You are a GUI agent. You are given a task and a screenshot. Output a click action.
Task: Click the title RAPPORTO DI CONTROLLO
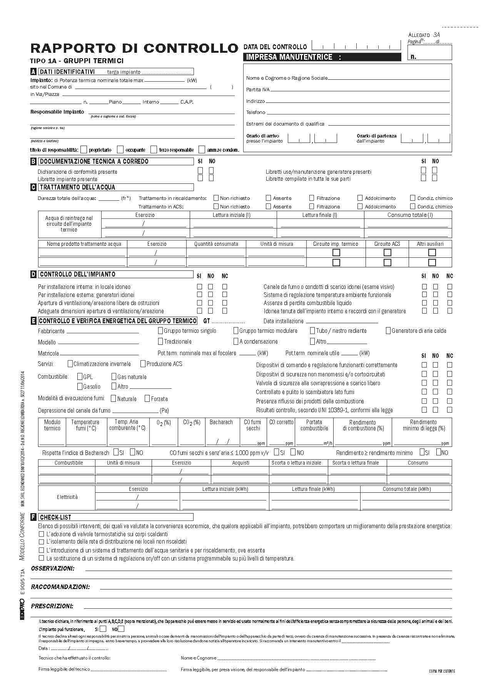click(x=134, y=48)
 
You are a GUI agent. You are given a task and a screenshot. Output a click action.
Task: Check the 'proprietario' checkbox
click(x=84, y=149)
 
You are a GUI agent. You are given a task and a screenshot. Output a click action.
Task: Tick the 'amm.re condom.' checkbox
click(x=202, y=149)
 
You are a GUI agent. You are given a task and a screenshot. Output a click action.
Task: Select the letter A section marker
click(x=33, y=72)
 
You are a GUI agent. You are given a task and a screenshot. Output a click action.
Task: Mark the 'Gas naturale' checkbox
click(x=114, y=376)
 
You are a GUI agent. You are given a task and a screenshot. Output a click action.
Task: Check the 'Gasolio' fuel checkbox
click(x=80, y=386)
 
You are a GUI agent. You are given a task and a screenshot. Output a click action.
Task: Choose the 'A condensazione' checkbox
click(x=236, y=341)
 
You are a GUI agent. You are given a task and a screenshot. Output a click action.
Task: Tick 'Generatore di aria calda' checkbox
click(x=388, y=331)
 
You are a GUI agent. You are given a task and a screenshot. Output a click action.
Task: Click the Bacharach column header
click(x=221, y=422)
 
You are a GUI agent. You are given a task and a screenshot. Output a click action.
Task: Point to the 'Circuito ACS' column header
click(x=387, y=244)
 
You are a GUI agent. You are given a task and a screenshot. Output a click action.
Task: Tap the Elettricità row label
click(x=67, y=497)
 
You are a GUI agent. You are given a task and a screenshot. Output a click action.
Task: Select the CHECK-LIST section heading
click(x=55, y=517)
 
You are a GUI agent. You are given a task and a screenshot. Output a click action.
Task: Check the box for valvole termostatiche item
click(x=41, y=534)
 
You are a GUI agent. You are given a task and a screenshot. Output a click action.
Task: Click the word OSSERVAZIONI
click(x=53, y=568)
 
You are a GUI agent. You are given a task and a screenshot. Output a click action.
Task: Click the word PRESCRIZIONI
click(x=52, y=606)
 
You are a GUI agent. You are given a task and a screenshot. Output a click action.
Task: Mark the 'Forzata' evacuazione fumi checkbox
click(x=147, y=398)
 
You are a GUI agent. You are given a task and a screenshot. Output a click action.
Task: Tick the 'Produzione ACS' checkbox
click(x=143, y=363)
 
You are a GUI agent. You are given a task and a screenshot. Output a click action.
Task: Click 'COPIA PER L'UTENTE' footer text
click(x=442, y=671)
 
